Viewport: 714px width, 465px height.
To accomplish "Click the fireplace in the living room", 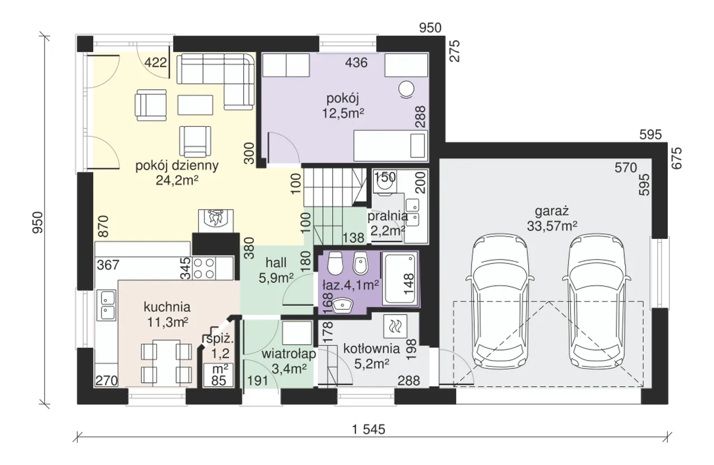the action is [x=216, y=220].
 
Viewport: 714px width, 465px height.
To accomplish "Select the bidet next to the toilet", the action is [x=360, y=263].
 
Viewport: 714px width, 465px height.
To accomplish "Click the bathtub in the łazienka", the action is [x=400, y=279].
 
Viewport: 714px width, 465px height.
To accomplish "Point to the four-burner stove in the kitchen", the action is [x=204, y=268].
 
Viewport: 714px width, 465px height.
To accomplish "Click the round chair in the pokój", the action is [x=407, y=89].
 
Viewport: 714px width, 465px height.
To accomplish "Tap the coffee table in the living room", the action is [x=195, y=105].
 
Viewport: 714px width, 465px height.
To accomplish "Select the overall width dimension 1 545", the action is [x=369, y=429].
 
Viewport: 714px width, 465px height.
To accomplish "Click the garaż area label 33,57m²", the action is [x=552, y=226].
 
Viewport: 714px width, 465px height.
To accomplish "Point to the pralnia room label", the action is [x=388, y=217].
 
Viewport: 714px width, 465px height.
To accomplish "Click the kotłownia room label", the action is [x=372, y=349].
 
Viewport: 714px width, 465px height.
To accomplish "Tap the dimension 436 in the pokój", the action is [x=356, y=63].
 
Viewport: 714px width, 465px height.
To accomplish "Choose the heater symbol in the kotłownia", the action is [x=395, y=326].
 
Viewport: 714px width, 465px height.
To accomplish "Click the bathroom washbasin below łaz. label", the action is [x=342, y=305].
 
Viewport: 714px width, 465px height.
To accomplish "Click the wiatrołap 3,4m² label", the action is [x=289, y=361].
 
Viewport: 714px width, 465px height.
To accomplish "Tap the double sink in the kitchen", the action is [x=108, y=305].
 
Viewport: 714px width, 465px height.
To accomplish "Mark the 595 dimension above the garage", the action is [x=650, y=135].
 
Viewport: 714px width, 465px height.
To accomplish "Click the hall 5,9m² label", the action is [x=276, y=270].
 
